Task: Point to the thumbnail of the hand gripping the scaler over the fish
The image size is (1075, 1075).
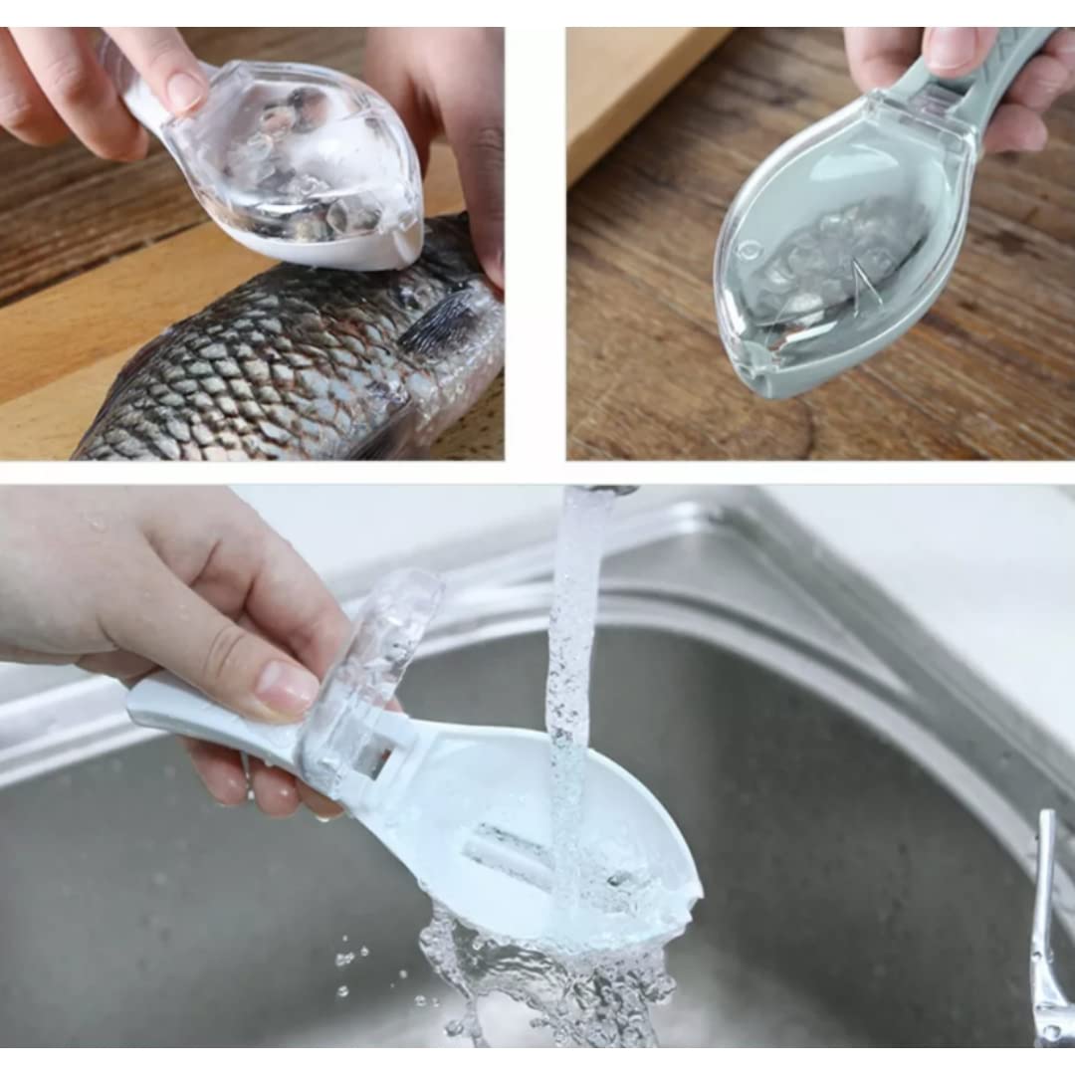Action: (x=184, y=92)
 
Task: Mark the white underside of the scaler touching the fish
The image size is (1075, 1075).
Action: (x=338, y=249)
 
